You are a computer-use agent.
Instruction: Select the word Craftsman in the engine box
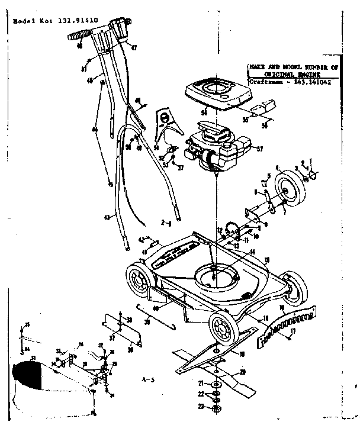click(x=261, y=83)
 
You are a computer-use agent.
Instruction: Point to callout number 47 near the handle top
click(x=134, y=47)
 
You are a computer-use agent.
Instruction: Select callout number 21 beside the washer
click(x=201, y=384)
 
